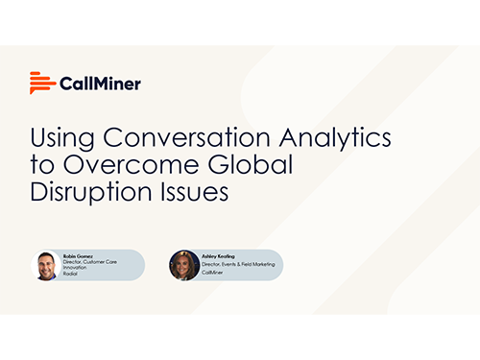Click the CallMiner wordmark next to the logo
pyautogui.click(x=99, y=84)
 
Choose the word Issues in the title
pyautogui.click(x=199, y=191)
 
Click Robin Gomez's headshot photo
pyautogui.click(x=46, y=266)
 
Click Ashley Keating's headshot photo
pyautogui.click(x=183, y=265)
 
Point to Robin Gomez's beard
pyautogui.click(x=46, y=274)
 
